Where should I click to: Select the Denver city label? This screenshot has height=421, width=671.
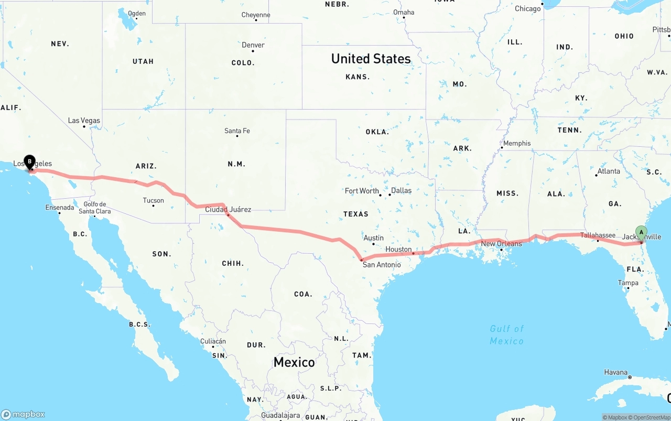tap(253, 45)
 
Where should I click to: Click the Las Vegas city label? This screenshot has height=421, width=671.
tap(84, 121)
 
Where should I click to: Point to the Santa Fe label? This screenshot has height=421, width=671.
tap(237, 131)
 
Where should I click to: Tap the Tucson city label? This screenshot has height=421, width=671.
tap(153, 200)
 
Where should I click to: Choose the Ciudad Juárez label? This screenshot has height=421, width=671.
tap(228, 210)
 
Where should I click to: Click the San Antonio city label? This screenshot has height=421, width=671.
tap(382, 265)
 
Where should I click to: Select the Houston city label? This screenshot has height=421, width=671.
tap(398, 250)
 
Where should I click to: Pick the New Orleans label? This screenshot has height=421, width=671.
tap(501, 244)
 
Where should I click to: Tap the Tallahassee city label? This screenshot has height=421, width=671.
tap(598, 235)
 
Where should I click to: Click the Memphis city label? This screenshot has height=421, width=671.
tap(517, 143)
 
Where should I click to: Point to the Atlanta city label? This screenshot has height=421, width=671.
tap(608, 171)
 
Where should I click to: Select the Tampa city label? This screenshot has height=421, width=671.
tap(628, 283)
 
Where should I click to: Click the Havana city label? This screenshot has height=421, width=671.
tap(615, 372)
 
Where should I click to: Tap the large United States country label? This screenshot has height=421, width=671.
tap(371, 59)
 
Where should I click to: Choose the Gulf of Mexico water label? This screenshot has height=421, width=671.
tap(506, 334)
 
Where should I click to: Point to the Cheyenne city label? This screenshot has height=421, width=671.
tap(256, 15)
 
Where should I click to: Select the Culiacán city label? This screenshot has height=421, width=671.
tap(213, 341)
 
